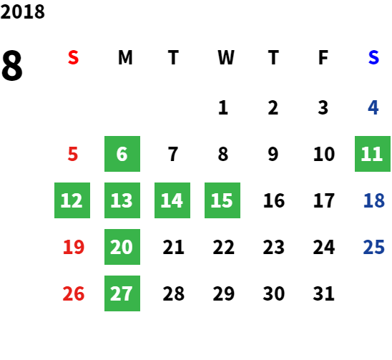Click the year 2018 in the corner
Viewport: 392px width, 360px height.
22,11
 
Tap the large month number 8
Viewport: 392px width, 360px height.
12,65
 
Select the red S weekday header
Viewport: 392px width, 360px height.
73,57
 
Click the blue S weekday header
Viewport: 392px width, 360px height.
373,57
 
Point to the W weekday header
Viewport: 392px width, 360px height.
226,57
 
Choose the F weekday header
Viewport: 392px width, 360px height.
323,57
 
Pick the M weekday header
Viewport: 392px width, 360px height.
125,57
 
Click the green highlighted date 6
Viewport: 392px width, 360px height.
122,154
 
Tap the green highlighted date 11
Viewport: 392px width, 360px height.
373,154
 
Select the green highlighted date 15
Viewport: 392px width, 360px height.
222,200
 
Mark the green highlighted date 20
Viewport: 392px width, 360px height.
122,247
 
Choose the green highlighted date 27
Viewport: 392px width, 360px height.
122,293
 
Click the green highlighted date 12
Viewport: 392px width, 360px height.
72,200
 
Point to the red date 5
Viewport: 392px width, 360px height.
73,154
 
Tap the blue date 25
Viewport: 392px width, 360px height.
373,247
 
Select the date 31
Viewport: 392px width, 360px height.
323,293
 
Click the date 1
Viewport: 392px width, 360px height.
223,108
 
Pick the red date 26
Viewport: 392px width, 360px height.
74,293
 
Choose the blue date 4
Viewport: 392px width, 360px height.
373,108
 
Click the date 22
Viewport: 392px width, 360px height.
223,247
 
